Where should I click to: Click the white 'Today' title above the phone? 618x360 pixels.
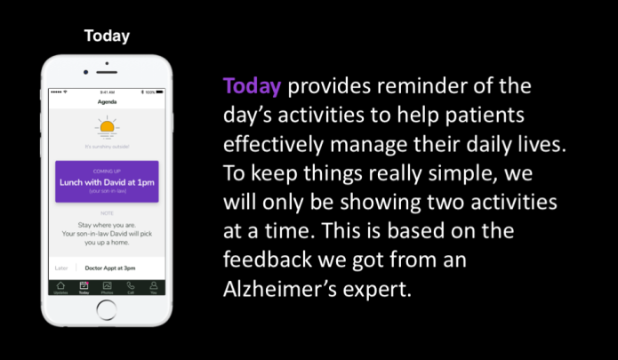click(x=107, y=36)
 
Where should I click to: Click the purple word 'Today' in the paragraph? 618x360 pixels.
click(x=253, y=87)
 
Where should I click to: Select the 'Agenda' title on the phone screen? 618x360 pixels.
click(x=108, y=103)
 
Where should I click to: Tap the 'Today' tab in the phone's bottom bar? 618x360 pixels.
click(x=84, y=288)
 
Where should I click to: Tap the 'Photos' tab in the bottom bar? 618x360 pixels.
click(x=107, y=288)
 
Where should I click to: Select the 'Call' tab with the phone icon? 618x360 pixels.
click(x=131, y=288)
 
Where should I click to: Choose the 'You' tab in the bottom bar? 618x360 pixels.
click(x=153, y=288)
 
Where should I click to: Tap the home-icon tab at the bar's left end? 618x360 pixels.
click(x=60, y=288)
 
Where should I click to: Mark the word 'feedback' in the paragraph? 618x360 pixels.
click(x=268, y=260)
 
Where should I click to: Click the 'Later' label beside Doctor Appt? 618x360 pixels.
click(x=60, y=267)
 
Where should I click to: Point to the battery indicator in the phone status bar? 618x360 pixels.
click(x=151, y=92)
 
